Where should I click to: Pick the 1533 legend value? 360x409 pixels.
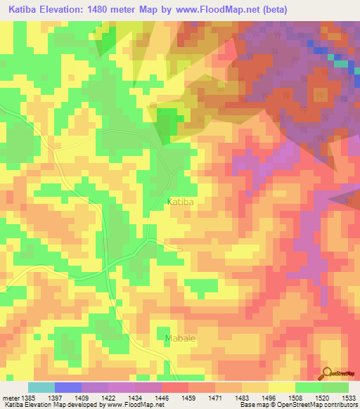[349, 397]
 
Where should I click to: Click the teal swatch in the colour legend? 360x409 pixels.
[41, 387]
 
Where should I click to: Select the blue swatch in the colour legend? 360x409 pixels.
[68, 387]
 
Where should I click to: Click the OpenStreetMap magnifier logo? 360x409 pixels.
[327, 374]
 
